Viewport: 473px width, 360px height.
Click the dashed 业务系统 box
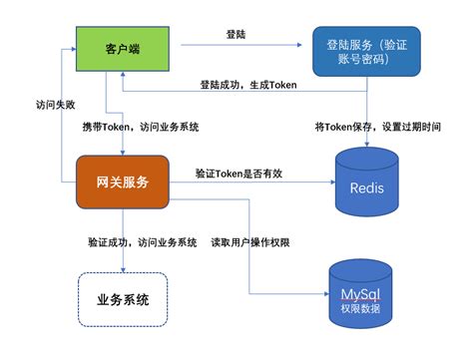[122, 299]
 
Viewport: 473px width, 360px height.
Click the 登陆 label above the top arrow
[236, 34]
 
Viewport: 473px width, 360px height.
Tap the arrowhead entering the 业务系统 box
[122, 269]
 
